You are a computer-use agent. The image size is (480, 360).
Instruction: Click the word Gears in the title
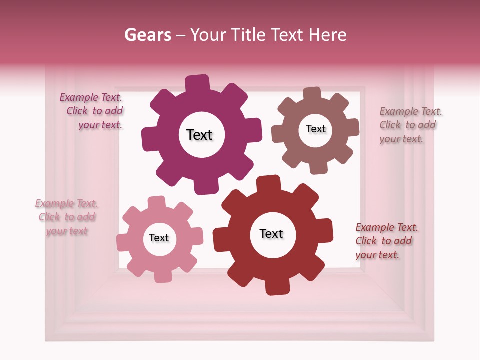147,35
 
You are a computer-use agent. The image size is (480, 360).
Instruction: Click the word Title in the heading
250,35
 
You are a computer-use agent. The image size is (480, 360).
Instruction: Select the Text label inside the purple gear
200,135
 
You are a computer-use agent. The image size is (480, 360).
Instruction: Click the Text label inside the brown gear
316,129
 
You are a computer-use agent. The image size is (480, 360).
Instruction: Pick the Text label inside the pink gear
159,238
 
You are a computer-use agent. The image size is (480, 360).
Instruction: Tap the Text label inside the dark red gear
271,233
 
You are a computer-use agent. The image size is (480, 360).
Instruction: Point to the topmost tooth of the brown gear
312,94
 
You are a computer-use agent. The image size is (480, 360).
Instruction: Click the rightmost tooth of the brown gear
352,128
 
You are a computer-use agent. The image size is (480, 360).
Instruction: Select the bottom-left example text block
67,217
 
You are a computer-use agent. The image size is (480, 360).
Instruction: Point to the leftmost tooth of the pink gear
123,243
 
